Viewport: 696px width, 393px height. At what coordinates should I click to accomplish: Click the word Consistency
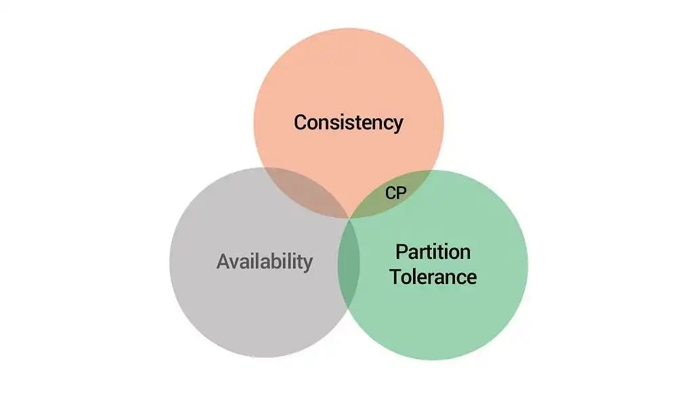point(349,123)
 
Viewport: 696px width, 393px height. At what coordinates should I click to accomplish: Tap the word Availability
point(265,261)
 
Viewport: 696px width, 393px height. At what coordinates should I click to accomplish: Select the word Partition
point(433,252)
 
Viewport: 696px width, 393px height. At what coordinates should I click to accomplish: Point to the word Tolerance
point(433,277)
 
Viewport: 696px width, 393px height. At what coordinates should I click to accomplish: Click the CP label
point(395,193)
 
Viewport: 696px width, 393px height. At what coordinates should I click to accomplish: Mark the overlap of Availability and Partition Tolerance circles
point(349,262)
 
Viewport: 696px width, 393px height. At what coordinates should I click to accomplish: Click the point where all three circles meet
point(349,218)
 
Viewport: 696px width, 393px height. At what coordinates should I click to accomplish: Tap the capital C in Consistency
point(301,122)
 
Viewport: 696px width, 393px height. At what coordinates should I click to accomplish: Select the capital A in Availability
point(223,261)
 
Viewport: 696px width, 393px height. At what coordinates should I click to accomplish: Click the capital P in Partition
point(401,252)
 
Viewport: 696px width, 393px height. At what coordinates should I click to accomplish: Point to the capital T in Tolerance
point(395,277)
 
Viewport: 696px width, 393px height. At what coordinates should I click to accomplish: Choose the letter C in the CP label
point(390,193)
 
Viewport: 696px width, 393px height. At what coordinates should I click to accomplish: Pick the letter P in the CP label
point(401,193)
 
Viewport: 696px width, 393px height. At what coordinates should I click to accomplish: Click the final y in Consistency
point(397,126)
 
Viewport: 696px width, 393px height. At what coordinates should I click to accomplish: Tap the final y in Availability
point(307,264)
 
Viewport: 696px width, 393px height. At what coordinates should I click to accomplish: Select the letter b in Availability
point(275,261)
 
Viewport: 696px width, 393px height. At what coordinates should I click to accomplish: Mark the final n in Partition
point(465,254)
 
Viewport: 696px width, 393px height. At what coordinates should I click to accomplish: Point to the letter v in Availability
point(237,264)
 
